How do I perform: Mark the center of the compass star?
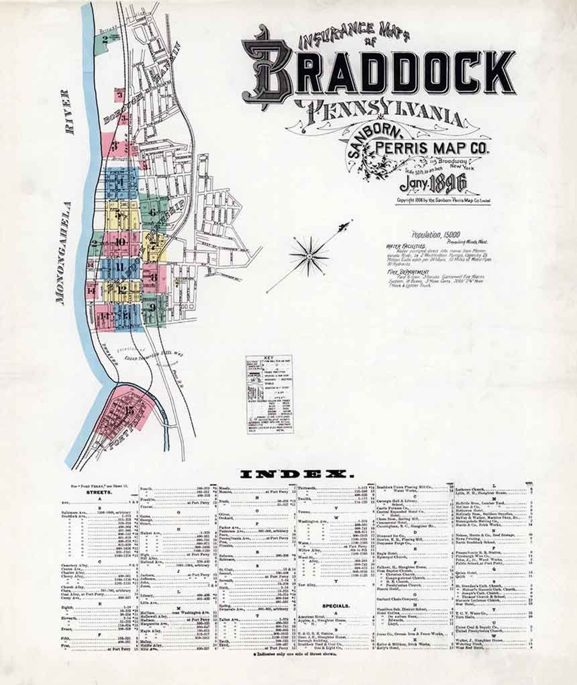coord(308,257)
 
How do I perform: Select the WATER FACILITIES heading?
coord(405,247)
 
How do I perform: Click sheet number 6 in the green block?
coord(152,212)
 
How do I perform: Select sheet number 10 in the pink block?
coord(120,242)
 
